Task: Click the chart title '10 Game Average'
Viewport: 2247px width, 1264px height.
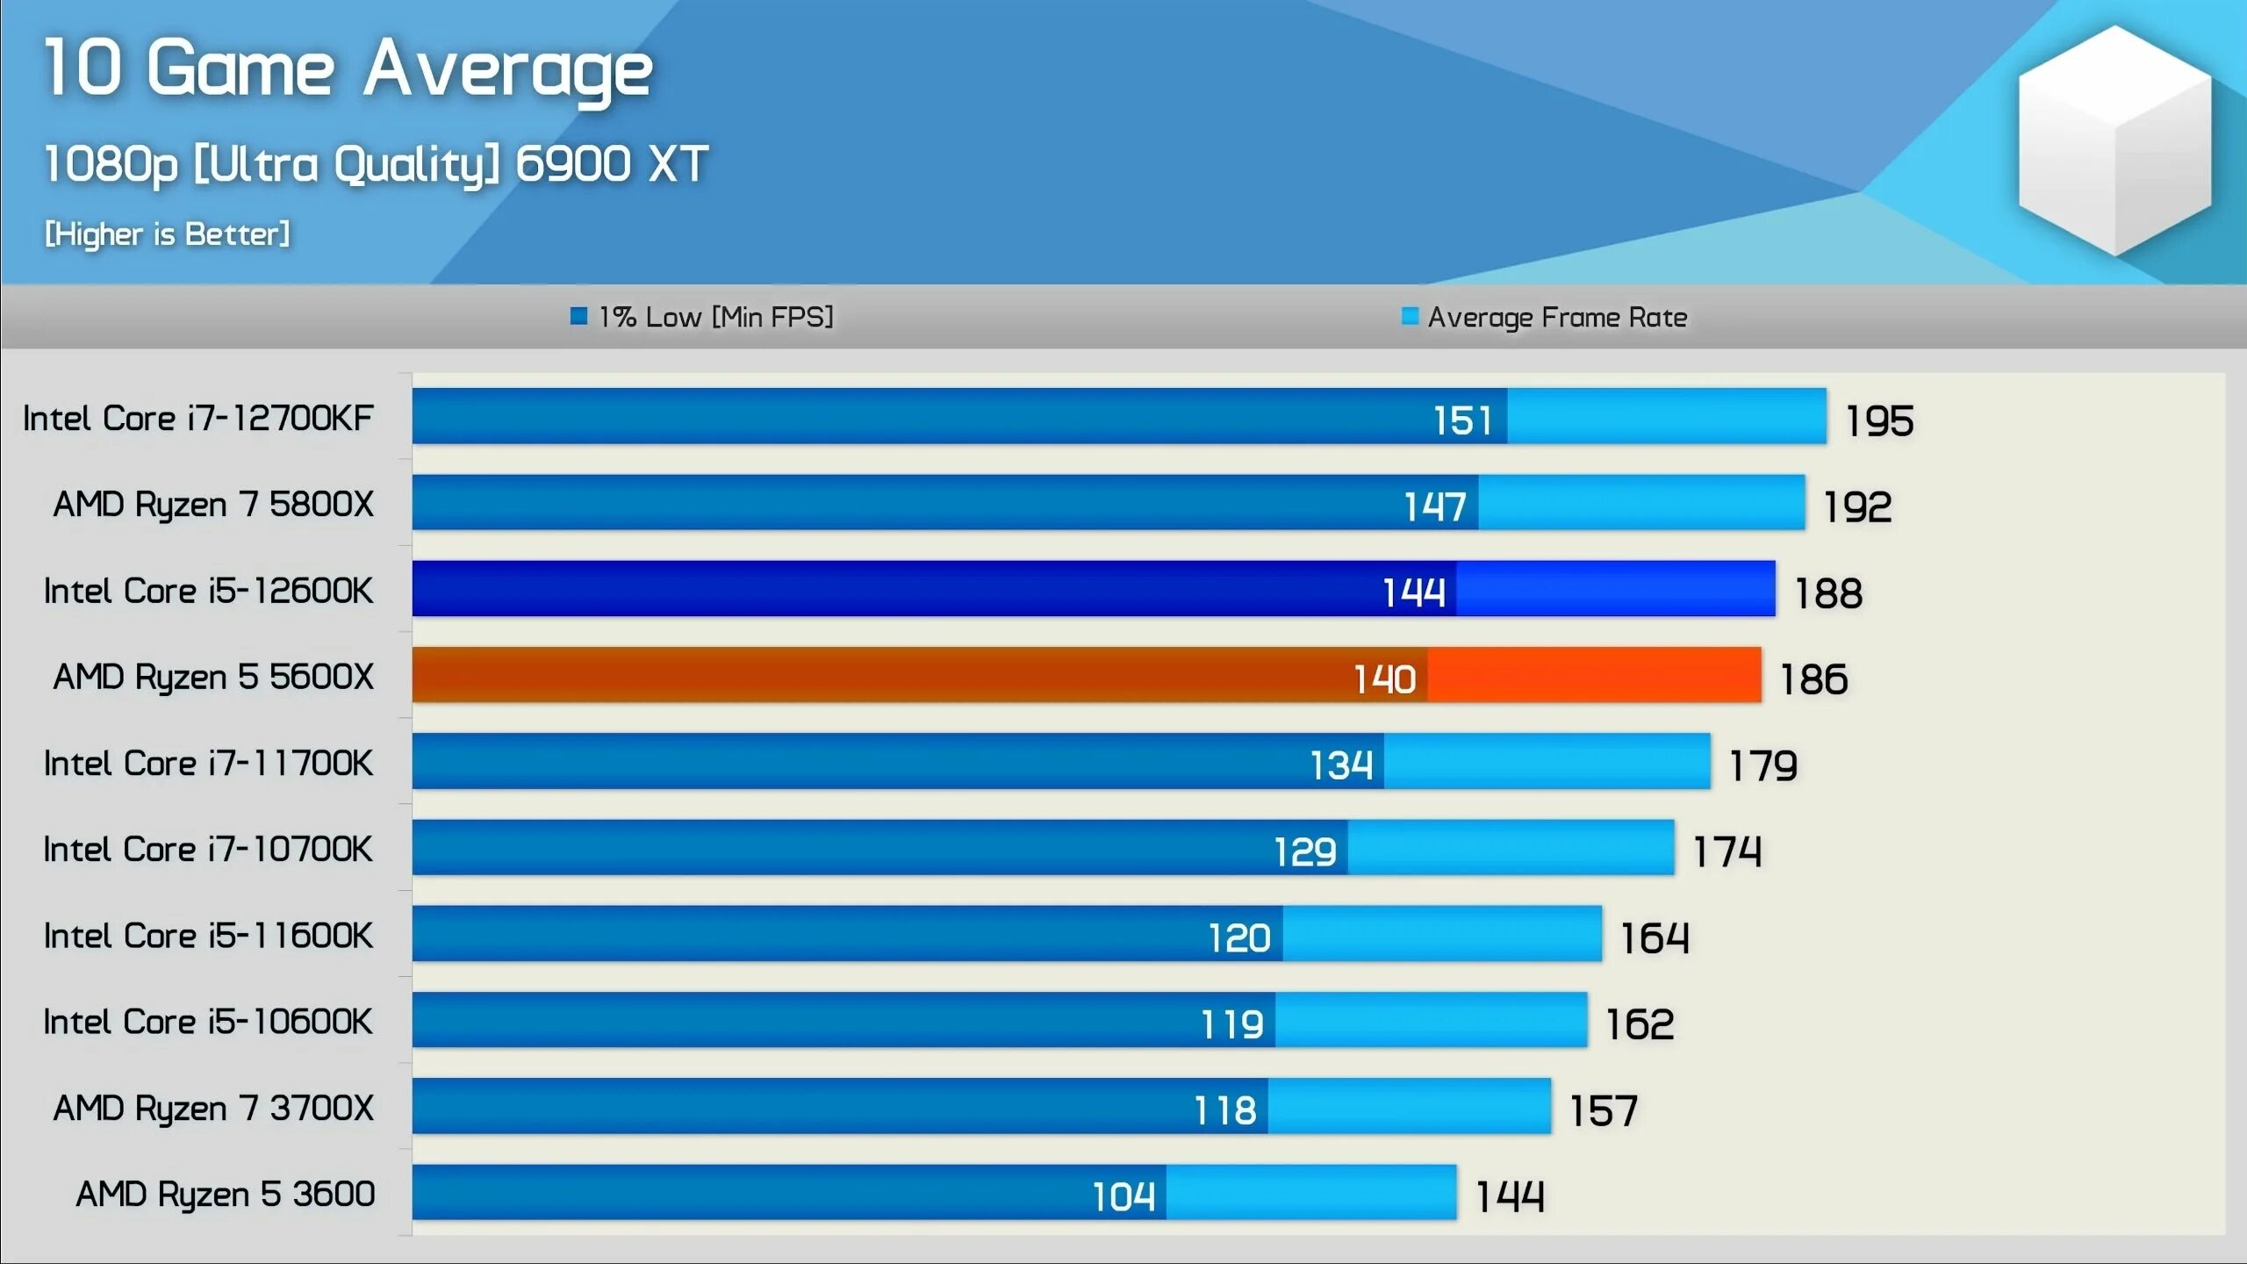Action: (348, 70)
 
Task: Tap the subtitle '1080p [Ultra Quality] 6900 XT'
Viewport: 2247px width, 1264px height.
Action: (376, 164)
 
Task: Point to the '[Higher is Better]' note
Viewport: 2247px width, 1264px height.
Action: (167, 234)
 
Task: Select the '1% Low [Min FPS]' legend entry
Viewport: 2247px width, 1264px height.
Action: (702, 317)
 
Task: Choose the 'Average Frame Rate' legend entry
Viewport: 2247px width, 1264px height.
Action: (1545, 317)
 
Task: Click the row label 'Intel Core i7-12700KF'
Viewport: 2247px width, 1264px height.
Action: (198, 419)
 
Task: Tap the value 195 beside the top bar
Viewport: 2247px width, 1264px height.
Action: (1878, 420)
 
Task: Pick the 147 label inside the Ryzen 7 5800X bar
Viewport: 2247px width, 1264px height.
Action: (1434, 506)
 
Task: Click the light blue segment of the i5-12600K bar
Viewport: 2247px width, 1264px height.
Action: (1615, 589)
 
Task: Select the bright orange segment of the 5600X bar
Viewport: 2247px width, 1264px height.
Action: (1593, 675)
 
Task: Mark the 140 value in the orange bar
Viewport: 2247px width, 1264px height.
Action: (1384, 679)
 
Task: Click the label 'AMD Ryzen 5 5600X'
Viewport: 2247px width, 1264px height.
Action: (213, 677)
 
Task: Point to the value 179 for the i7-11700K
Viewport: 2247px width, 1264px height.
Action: (1762, 765)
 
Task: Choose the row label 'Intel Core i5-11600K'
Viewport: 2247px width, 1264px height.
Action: (208, 936)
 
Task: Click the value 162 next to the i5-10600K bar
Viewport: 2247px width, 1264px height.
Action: (1639, 1024)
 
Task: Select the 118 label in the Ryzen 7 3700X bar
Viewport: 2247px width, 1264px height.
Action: (1224, 1110)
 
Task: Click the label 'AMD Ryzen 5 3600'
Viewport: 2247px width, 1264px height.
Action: (225, 1194)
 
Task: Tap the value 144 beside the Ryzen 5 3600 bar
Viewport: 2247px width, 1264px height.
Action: (1509, 1196)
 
